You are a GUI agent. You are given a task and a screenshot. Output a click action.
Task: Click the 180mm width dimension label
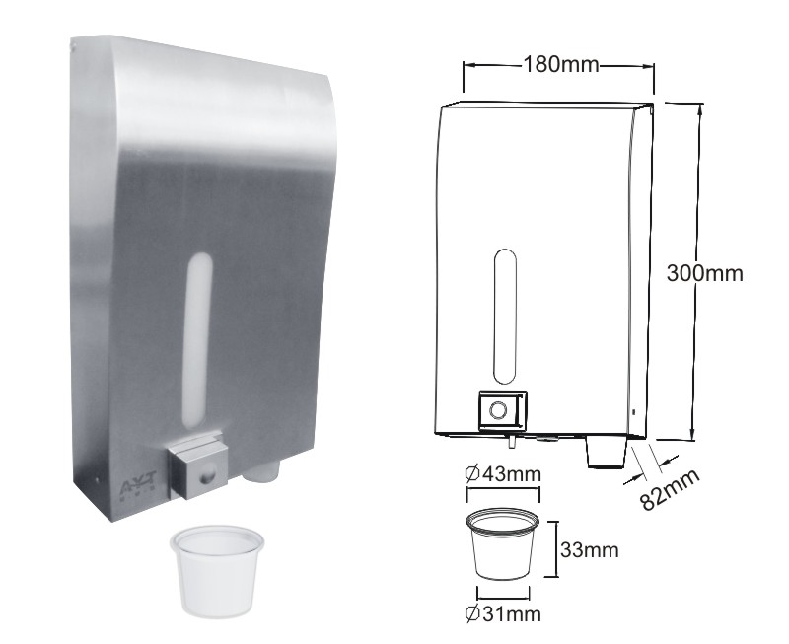561,64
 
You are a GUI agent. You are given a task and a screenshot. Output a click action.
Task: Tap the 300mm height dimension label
704,273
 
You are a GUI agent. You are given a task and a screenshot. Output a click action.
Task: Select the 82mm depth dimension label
671,489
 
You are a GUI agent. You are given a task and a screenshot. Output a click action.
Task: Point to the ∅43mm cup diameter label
503,474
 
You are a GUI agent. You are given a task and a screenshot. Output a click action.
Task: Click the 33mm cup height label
589,550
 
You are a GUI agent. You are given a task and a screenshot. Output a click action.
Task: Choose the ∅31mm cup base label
503,613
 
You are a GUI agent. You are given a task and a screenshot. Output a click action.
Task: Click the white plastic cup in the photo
217,570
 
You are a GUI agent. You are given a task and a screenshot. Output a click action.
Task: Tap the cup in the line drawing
503,543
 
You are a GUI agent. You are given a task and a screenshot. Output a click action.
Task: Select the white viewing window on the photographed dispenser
198,340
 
